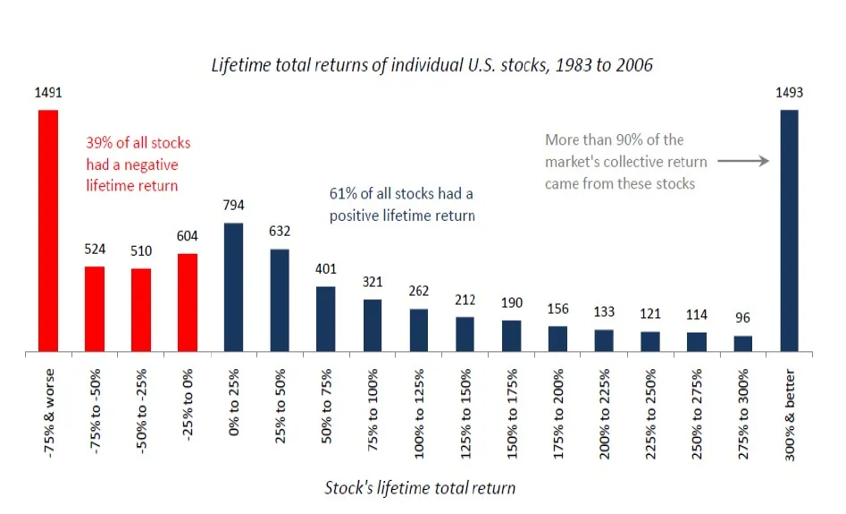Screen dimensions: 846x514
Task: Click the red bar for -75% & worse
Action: coord(48,232)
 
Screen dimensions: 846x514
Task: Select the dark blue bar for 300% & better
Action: coord(790,232)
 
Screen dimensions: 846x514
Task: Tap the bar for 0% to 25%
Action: coord(234,287)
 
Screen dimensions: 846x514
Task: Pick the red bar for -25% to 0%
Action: coord(188,303)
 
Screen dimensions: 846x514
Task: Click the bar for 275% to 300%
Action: coord(743,344)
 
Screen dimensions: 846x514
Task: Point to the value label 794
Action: coord(234,206)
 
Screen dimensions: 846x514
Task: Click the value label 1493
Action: coord(790,93)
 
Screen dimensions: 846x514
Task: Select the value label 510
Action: coord(141,251)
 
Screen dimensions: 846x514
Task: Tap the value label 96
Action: coord(743,318)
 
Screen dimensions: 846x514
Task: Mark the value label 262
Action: coord(419,291)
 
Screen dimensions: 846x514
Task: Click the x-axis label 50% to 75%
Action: coord(326,407)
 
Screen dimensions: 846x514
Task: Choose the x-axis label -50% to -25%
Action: coord(141,411)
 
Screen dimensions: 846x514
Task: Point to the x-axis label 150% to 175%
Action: coord(512,414)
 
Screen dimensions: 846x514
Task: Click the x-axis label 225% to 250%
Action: coord(650,414)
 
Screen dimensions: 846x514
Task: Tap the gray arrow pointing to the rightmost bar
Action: coord(743,161)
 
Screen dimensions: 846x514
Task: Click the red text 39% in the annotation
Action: coord(99,143)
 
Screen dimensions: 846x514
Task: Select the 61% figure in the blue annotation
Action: coord(343,194)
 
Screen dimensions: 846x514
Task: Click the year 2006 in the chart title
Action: coord(637,65)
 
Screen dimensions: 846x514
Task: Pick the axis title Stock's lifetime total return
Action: coord(420,488)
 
